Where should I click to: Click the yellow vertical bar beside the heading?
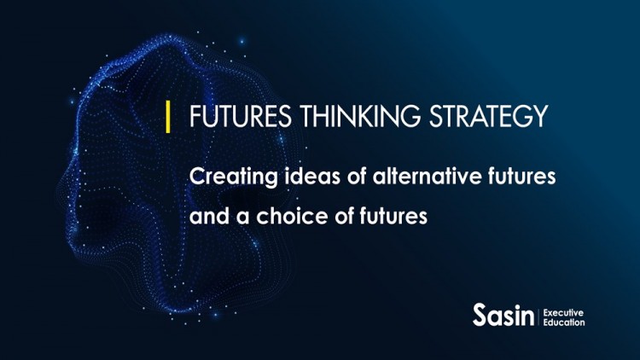tap(168, 116)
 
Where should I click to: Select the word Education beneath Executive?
tap(564, 323)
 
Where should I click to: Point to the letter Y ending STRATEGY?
tap(538, 117)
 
